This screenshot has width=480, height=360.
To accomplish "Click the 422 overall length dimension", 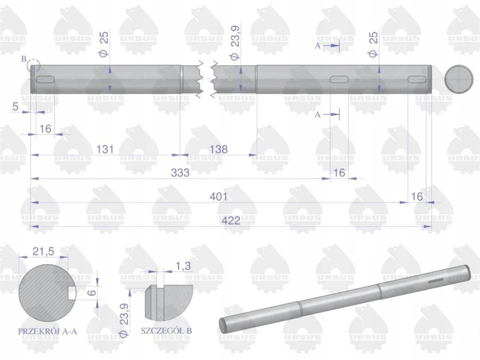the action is (x=230, y=220).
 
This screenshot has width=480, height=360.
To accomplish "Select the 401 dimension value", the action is (x=219, y=197).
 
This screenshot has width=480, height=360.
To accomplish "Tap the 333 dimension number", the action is (x=180, y=173).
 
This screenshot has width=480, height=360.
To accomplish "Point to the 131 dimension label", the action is (x=105, y=149).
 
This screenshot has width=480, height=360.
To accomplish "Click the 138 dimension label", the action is (x=219, y=149).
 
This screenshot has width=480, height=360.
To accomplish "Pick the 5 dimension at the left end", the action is (x=15, y=106).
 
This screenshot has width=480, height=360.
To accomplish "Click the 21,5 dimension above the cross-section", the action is (x=43, y=252).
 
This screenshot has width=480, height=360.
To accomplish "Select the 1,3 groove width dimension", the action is (x=183, y=266).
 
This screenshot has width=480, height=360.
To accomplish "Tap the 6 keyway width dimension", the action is (x=92, y=292).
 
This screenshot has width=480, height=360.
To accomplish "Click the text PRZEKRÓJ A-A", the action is (x=47, y=331).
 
